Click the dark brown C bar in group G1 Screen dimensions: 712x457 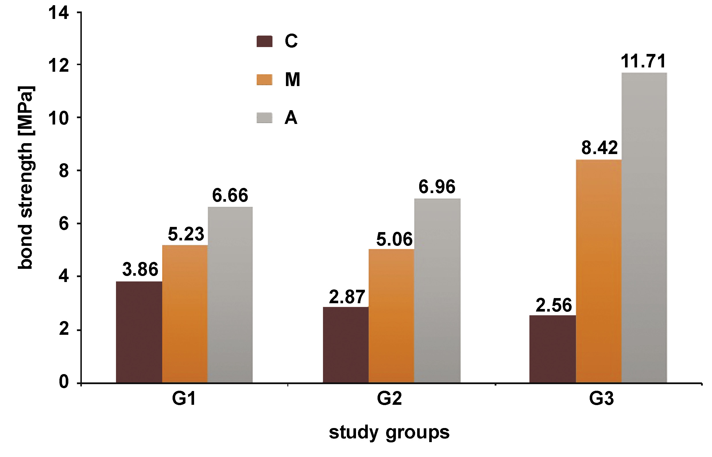tap(139, 332)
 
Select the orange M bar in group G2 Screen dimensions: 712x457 tap(391, 316)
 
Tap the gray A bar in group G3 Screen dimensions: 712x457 tap(644, 227)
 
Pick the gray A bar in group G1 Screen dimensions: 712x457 tap(230, 295)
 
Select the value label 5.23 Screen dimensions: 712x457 tap(186, 234)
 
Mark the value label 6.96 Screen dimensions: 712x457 tap(437, 187)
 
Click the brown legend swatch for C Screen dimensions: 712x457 tap(264, 41)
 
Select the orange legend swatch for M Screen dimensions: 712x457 tap(264, 79)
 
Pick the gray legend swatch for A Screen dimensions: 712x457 tap(264, 118)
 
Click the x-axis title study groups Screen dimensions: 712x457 tap(389, 433)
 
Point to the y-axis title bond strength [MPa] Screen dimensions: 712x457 tap(26, 178)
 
